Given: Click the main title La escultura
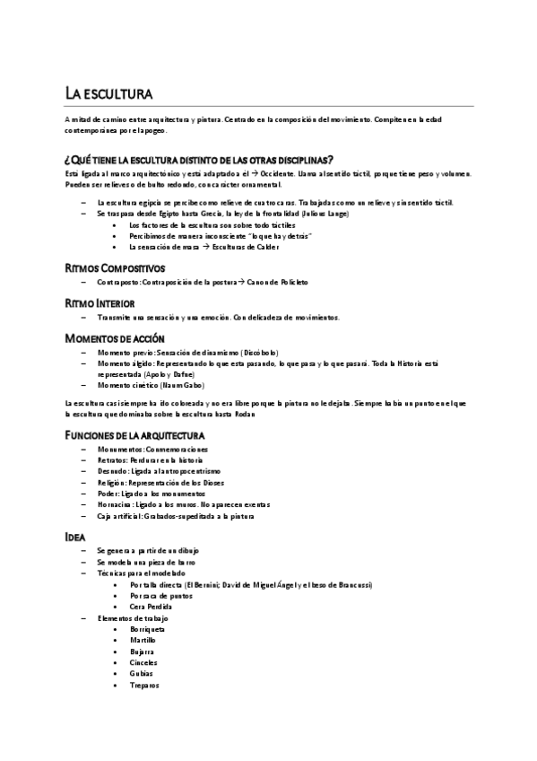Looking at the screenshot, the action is tap(108, 93).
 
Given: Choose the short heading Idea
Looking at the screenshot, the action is tap(75, 535).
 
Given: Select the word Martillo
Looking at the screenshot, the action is tap(143, 641).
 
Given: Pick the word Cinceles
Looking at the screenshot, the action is tap(143, 663).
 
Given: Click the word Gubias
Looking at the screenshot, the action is tap(142, 674).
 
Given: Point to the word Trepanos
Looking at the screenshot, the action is tap(144, 685).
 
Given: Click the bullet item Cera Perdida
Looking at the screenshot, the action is tap(151, 606).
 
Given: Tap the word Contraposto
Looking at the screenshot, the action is tap(118, 282).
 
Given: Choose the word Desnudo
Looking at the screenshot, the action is tap(111, 470).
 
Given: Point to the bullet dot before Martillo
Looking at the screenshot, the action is tap(117, 641).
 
